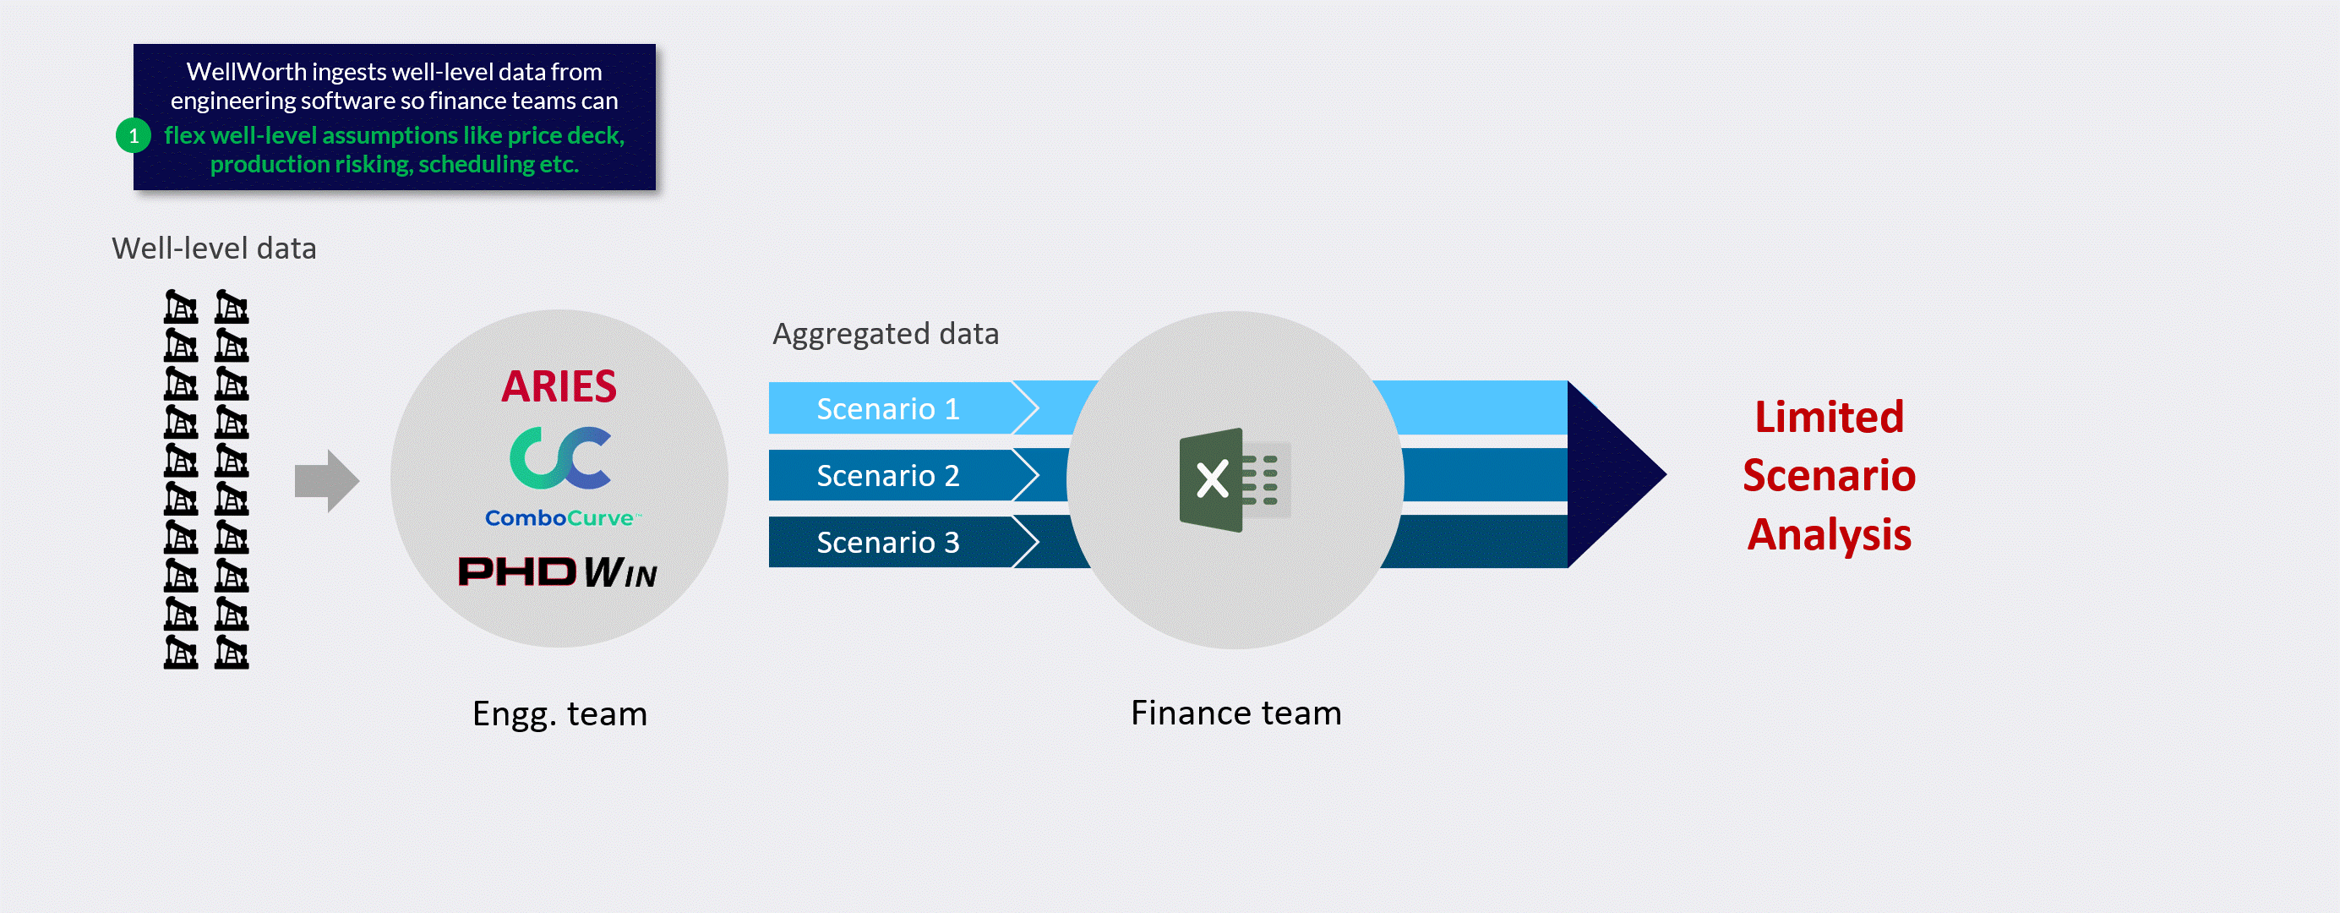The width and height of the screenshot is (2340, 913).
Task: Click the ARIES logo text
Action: [x=559, y=387]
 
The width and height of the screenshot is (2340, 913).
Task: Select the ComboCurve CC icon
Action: [x=559, y=458]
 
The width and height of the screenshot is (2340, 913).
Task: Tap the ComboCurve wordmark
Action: [x=560, y=518]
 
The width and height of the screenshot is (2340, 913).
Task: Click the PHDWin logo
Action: [x=557, y=572]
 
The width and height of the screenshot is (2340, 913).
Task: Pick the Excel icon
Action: [x=1234, y=479]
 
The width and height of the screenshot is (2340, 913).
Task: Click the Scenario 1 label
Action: [x=887, y=409]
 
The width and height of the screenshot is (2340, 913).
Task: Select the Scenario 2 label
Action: [x=887, y=475]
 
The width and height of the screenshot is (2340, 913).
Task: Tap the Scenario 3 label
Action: [x=887, y=543]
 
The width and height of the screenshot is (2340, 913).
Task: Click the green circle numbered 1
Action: [x=134, y=136]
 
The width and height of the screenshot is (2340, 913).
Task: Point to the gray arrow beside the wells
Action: [x=326, y=480]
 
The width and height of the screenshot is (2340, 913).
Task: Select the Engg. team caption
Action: [x=559, y=714]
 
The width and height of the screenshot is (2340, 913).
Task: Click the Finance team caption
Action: [x=1235, y=713]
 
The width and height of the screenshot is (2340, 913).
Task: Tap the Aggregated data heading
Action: [x=885, y=334]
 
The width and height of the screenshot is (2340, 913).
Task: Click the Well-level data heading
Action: [x=214, y=249]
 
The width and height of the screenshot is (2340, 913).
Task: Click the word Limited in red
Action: [x=1828, y=417]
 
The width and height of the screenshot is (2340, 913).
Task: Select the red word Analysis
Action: [x=1828, y=534]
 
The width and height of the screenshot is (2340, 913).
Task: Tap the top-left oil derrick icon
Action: [x=181, y=307]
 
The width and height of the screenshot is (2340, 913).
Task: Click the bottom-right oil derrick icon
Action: [x=232, y=653]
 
